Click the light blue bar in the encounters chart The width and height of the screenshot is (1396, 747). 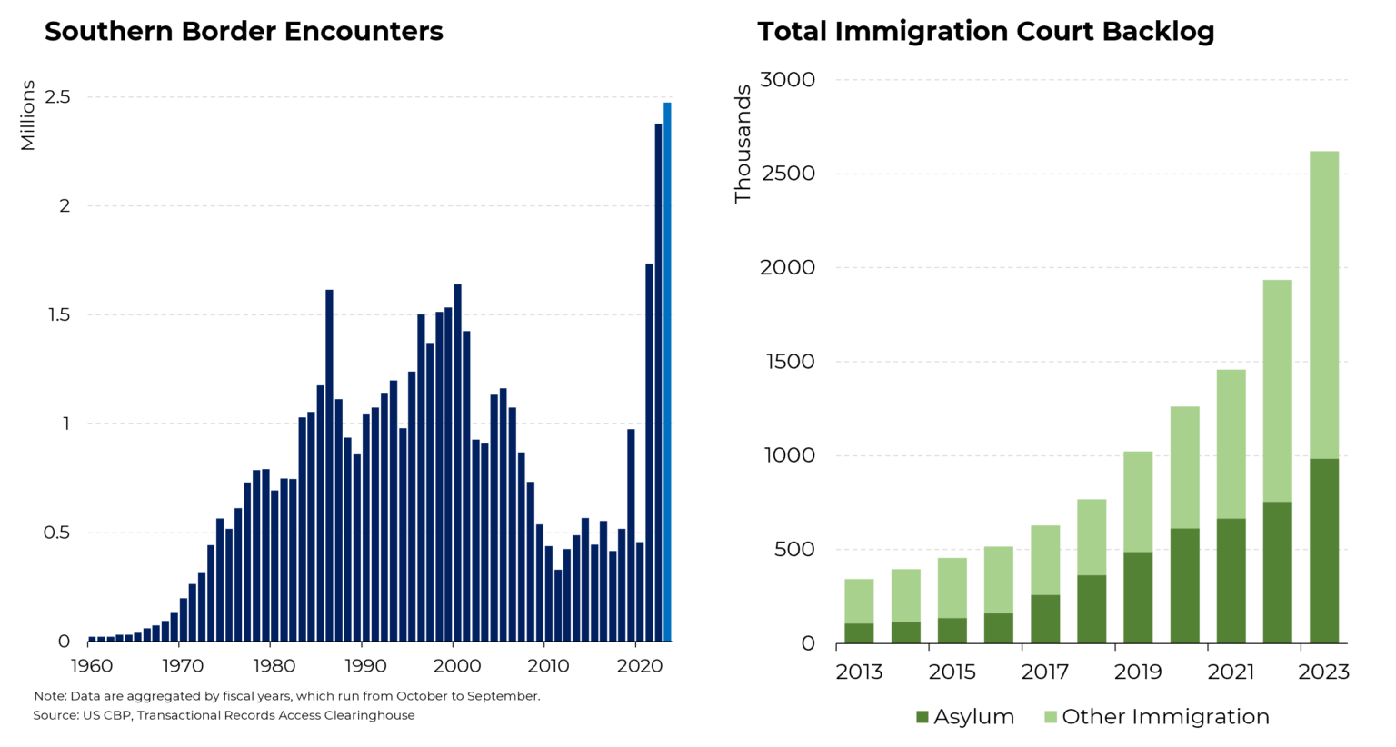tap(667, 373)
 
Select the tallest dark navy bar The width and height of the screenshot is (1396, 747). tap(658, 382)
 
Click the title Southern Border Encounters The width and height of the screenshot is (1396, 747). tap(244, 32)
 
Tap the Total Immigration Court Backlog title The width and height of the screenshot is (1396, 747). tap(985, 32)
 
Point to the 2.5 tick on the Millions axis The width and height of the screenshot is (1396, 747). tap(57, 97)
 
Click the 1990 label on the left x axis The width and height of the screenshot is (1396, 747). tap(365, 666)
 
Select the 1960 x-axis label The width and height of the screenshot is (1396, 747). tap(92, 666)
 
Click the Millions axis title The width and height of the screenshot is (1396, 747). tap(28, 115)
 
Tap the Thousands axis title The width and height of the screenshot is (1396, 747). tap(743, 144)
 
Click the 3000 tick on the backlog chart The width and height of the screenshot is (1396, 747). tap(787, 80)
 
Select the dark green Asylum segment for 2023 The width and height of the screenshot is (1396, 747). tap(1323, 551)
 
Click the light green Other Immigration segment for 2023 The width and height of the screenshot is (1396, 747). tap(1323, 304)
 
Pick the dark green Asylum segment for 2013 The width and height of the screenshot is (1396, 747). tap(859, 633)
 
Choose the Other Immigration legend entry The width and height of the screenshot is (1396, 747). tap(1156, 717)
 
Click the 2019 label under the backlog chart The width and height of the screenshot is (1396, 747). tap(1138, 672)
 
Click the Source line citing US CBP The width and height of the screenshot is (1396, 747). tap(224, 715)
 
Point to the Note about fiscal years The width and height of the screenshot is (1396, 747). tap(286, 696)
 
